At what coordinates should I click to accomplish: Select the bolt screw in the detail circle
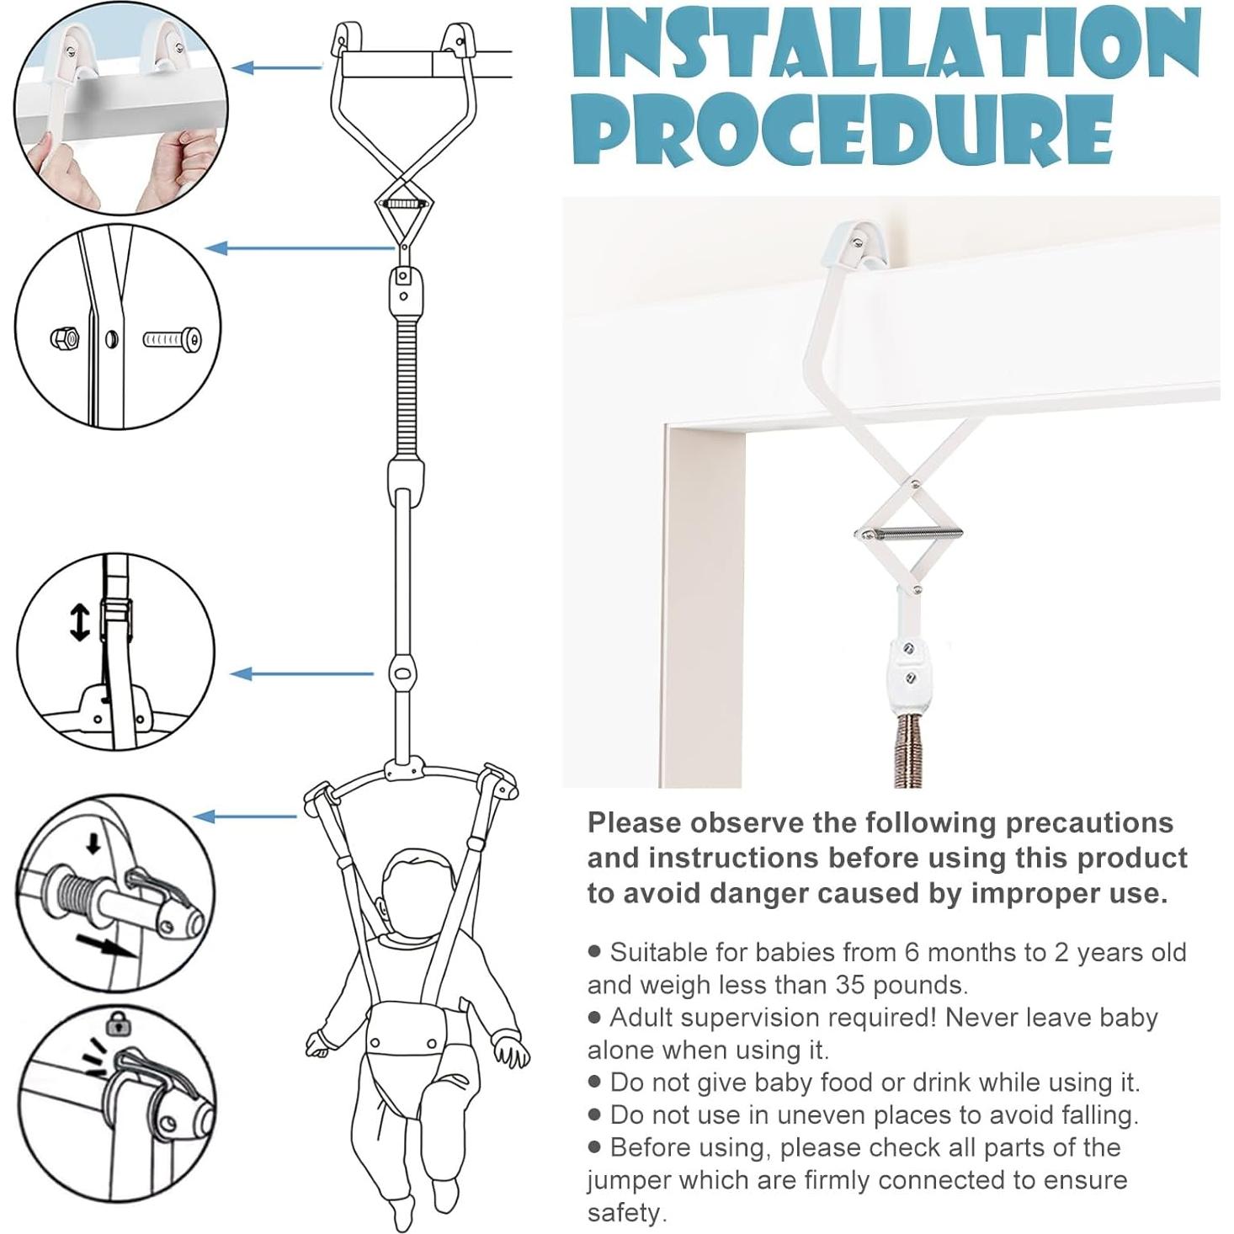tap(173, 340)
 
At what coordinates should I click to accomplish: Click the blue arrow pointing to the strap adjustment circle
tap(301, 673)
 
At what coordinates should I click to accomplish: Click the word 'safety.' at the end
tap(626, 1212)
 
